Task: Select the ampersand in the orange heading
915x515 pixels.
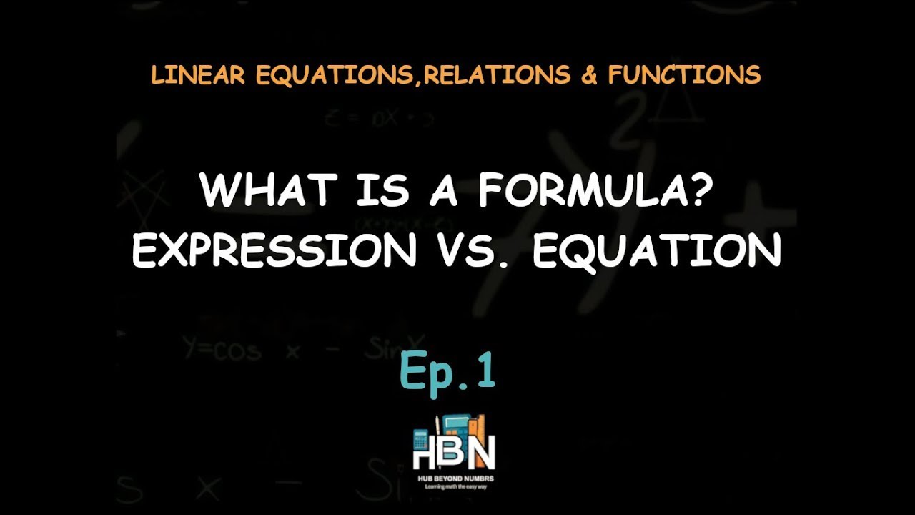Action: coord(589,75)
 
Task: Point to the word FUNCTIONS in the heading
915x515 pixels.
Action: coord(684,75)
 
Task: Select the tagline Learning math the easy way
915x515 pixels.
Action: coord(454,486)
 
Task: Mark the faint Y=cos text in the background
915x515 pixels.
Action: coord(222,350)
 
